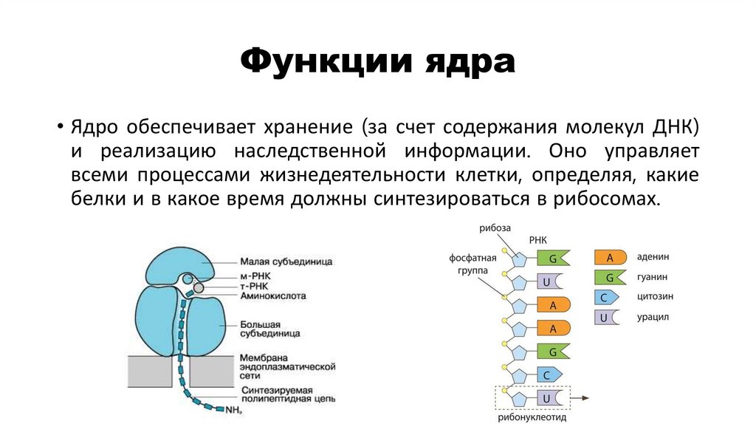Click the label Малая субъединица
(x=286, y=261)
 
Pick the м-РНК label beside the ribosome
(x=256, y=276)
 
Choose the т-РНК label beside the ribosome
(x=255, y=285)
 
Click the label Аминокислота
(x=273, y=295)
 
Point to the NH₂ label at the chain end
(x=234, y=410)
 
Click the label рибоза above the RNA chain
(x=495, y=227)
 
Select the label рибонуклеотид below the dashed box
(x=532, y=417)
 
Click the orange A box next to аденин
(x=610, y=258)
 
